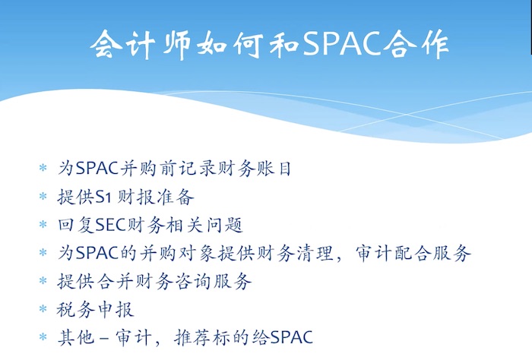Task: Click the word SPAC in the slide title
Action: tap(342, 43)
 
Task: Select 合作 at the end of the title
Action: tap(416, 44)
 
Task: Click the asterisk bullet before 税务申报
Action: tap(43, 309)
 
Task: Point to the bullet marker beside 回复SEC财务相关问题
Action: tap(43, 224)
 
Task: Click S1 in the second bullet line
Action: tap(103, 197)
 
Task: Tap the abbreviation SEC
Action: tap(111, 225)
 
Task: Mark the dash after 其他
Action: tap(105, 338)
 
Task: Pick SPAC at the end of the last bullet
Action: tap(292, 338)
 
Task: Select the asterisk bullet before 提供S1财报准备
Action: tap(43, 196)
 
